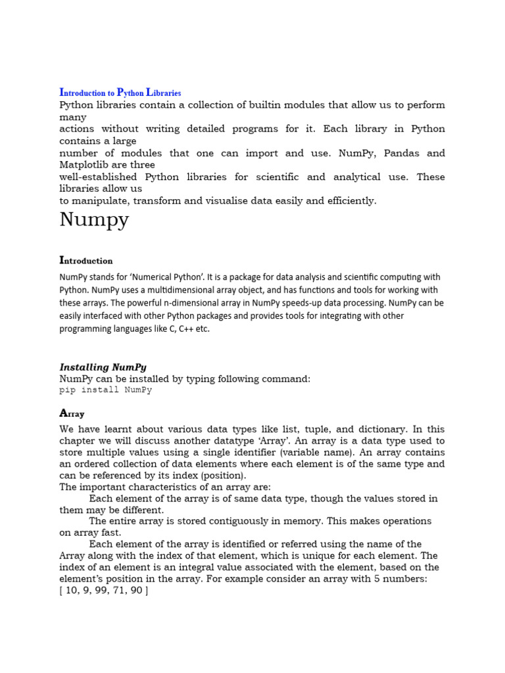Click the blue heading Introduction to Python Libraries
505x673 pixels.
pyautogui.click(x=120, y=93)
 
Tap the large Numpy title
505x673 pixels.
pyautogui.click(x=94, y=220)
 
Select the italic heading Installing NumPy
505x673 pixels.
pyautogui.click(x=103, y=367)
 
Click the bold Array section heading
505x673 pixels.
pyautogui.click(x=72, y=413)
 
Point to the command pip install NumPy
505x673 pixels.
pyautogui.click(x=105, y=390)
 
